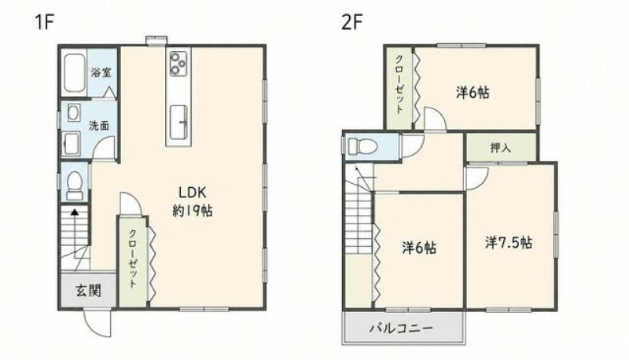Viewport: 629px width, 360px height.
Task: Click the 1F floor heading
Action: [x=44, y=22]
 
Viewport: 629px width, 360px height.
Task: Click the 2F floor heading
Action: [x=351, y=23]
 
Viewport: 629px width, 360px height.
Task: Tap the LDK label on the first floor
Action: [x=192, y=193]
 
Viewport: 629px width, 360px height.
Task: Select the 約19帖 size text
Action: [x=193, y=211]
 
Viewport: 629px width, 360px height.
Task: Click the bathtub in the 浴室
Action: [x=75, y=73]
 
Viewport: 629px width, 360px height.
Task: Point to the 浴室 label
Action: [x=101, y=72]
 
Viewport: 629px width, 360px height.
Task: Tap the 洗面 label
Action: [x=99, y=126]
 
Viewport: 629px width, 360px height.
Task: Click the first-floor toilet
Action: [x=75, y=186]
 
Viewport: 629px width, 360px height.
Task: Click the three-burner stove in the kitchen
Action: [x=178, y=64]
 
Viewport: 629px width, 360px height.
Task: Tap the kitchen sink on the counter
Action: [x=178, y=122]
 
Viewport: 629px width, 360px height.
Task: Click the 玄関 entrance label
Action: [x=89, y=291]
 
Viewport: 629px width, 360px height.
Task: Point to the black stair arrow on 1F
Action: [x=74, y=227]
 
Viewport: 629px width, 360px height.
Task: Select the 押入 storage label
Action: [x=501, y=148]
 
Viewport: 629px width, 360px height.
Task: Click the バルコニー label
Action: [x=401, y=329]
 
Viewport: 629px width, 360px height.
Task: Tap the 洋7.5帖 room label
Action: [x=509, y=243]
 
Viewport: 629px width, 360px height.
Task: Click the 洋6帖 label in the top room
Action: [x=473, y=93]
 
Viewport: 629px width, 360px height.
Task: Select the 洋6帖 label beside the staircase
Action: [x=420, y=248]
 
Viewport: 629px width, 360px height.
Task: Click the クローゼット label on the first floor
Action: [x=133, y=259]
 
